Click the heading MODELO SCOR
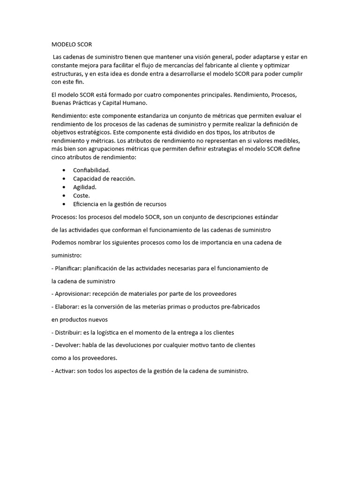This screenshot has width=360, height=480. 72,45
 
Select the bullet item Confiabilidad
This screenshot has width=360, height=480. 91,170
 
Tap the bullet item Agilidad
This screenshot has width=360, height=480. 85,187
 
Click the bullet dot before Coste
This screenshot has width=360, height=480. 64,195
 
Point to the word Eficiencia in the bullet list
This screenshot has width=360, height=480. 87,204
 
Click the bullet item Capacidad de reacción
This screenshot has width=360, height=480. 104,179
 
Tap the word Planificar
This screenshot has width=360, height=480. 68,268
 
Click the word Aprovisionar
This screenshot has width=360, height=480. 72,293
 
